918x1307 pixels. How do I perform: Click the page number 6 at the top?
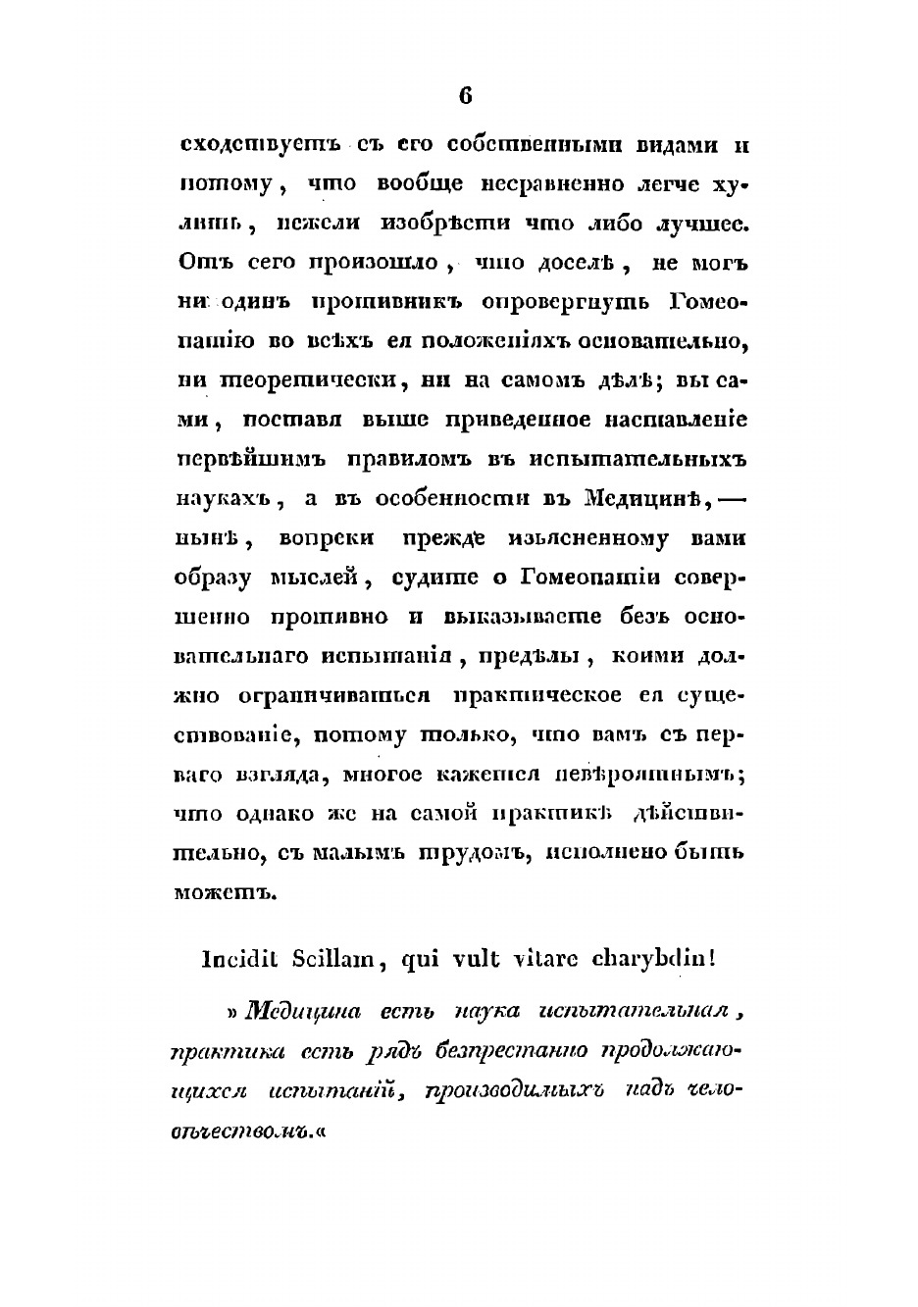(x=465, y=95)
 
